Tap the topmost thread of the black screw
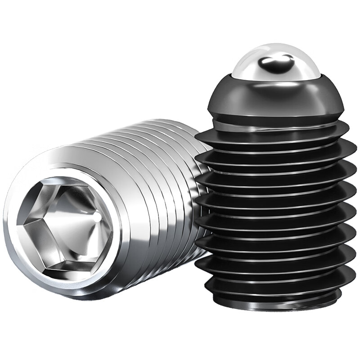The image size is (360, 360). tap(274, 130)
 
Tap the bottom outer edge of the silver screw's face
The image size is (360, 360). tap(76, 297)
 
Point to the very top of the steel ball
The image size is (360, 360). tap(276, 44)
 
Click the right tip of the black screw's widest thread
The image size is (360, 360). tap(355, 148)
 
